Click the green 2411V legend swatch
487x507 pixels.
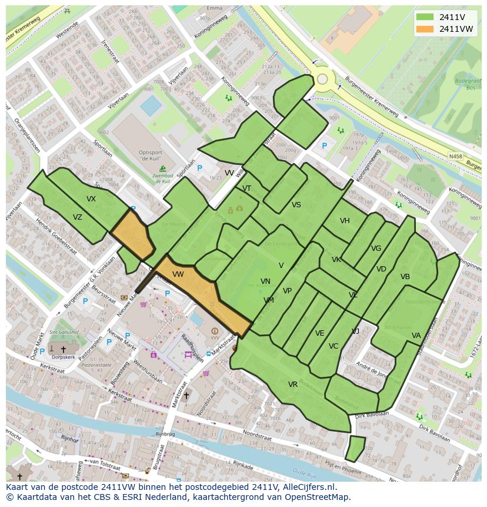tap(424, 17)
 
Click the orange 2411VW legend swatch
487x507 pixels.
tap(424, 29)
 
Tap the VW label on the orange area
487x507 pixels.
tap(178, 274)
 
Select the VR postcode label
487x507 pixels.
tap(292, 385)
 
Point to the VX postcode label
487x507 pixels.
tap(91, 199)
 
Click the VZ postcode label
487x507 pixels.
tap(78, 217)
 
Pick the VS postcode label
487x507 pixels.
tap(296, 205)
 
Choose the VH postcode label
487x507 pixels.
tap(345, 221)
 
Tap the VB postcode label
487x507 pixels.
tap(405, 277)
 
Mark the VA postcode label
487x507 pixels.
tap(416, 336)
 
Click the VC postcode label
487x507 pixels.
tap(333, 346)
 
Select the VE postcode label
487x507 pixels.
tap(319, 333)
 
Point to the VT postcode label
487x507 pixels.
tap(246, 188)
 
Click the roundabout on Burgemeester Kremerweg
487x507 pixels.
tap(322, 79)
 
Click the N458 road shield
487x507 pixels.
tap(455, 157)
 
